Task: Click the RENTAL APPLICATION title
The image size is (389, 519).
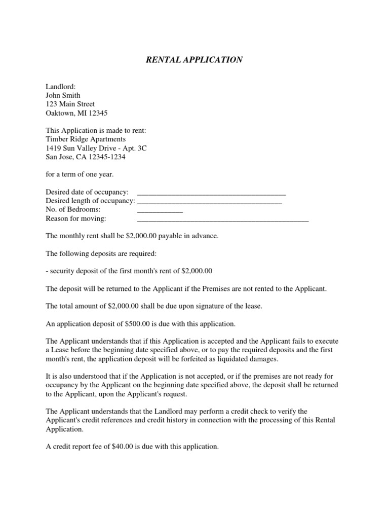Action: (194, 60)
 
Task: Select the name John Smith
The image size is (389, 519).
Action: (63, 95)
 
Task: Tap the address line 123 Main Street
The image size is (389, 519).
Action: (70, 104)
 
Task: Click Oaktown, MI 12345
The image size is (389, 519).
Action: (76, 114)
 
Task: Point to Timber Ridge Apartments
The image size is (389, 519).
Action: (86, 139)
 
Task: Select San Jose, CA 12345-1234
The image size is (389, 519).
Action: (86, 157)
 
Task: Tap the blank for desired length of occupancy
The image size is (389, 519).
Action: (209, 202)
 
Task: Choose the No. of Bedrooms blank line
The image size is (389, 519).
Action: (160, 211)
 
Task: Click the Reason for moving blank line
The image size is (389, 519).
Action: (223, 220)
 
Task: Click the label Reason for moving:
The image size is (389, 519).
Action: (76, 218)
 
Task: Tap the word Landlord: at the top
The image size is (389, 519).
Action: (60, 87)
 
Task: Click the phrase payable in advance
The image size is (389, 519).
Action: (193, 236)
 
